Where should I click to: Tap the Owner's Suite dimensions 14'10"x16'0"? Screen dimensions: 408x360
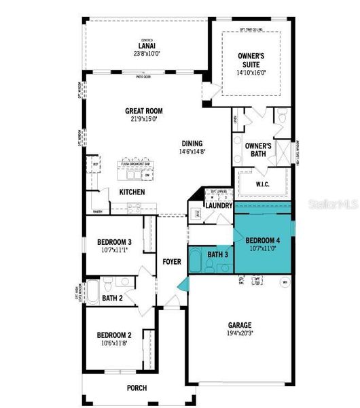(x=251, y=72)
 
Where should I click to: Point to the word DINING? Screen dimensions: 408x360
(x=192, y=143)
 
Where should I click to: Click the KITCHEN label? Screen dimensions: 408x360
(x=132, y=192)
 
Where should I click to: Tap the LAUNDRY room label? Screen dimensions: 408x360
(x=219, y=205)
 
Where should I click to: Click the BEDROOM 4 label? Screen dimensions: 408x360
(x=263, y=240)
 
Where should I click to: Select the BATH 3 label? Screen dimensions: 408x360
(x=217, y=254)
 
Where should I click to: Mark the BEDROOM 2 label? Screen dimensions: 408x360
(x=113, y=335)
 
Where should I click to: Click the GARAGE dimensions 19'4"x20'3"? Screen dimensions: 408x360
(x=240, y=333)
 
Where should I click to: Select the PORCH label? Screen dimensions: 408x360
(x=137, y=388)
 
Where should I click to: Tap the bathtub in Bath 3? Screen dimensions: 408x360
(x=196, y=260)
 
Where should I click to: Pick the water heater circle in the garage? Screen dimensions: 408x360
(x=285, y=281)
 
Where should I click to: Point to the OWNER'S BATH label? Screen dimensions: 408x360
(x=258, y=150)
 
